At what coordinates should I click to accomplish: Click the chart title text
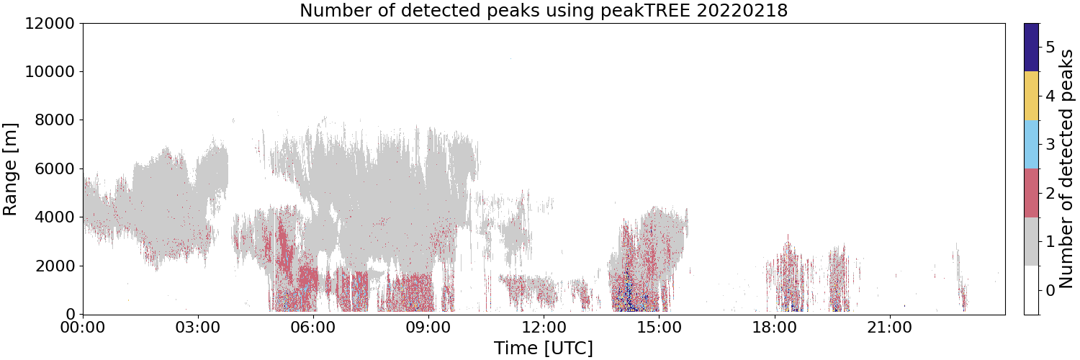pyautogui.click(x=544, y=10)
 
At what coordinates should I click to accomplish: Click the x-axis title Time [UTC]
pyautogui.click(x=544, y=348)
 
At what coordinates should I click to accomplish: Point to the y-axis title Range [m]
pyautogui.click(x=9, y=169)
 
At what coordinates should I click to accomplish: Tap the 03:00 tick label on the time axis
pyautogui.click(x=198, y=328)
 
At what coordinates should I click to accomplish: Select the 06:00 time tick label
pyautogui.click(x=313, y=328)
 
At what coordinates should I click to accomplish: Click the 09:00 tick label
pyautogui.click(x=428, y=328)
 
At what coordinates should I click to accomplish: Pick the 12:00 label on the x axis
pyautogui.click(x=544, y=328)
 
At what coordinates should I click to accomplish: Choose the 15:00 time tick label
pyautogui.click(x=659, y=328)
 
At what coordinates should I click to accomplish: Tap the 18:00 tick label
pyautogui.click(x=774, y=328)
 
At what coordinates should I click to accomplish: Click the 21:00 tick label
pyautogui.click(x=889, y=328)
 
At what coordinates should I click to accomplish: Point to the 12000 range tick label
pyautogui.click(x=50, y=23)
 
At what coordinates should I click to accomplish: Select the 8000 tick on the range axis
pyautogui.click(x=55, y=120)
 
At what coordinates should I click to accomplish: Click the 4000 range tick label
pyautogui.click(x=55, y=217)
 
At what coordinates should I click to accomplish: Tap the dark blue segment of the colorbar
pyautogui.click(x=1032, y=48)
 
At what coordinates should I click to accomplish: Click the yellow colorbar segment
pyautogui.click(x=1032, y=96)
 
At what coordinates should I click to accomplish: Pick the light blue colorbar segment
pyautogui.click(x=1032, y=145)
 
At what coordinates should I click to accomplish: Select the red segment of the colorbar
pyautogui.click(x=1032, y=193)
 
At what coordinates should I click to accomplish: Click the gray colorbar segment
pyautogui.click(x=1032, y=241)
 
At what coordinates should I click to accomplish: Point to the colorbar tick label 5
pyautogui.click(x=1050, y=48)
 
